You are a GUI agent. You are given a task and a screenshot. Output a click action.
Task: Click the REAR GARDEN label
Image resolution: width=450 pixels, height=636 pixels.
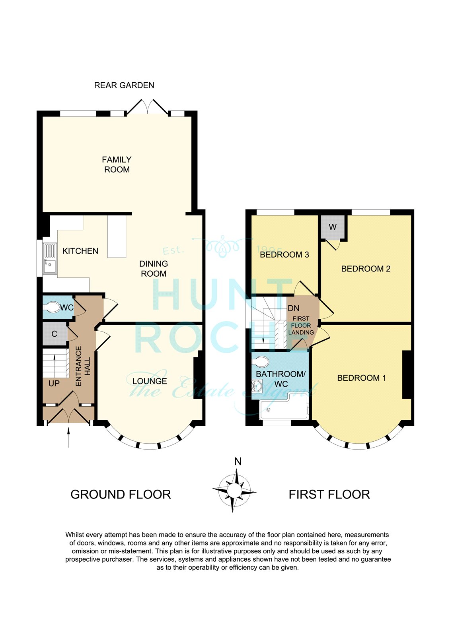pyautogui.click(x=124, y=85)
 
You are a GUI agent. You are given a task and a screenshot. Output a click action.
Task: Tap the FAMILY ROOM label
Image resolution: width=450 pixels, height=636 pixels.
pyautogui.click(x=117, y=165)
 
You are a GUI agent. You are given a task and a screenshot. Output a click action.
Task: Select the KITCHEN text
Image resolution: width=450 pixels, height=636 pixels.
pyautogui.click(x=80, y=251)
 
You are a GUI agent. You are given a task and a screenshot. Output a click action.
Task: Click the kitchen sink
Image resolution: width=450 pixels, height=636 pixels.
pyautogui.click(x=50, y=258)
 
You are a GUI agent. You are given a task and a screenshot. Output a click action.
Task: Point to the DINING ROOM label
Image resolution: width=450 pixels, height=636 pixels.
pyautogui.click(x=154, y=269)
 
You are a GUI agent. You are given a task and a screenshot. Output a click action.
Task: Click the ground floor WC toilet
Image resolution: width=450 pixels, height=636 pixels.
pyautogui.click(x=51, y=307)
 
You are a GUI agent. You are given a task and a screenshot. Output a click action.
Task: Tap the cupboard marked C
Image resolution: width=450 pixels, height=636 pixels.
pyautogui.click(x=55, y=334)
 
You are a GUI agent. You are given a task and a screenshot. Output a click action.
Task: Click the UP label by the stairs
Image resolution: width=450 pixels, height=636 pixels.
pyautogui.click(x=54, y=383)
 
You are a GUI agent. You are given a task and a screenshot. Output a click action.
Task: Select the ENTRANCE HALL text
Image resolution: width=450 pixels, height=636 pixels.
pyautogui.click(x=82, y=366)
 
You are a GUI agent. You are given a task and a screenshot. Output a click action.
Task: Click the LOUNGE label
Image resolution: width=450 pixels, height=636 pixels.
pyautogui.click(x=150, y=381)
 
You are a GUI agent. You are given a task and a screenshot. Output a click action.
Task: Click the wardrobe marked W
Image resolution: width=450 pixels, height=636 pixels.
pyautogui.click(x=333, y=227)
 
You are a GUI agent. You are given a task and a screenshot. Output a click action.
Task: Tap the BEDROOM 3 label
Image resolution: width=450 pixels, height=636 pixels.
pyautogui.click(x=284, y=254)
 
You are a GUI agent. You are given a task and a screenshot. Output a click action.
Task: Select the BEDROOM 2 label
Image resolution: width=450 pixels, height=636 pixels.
pyautogui.click(x=366, y=269)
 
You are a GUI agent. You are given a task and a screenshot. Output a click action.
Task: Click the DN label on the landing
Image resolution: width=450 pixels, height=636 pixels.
pyautogui.click(x=293, y=308)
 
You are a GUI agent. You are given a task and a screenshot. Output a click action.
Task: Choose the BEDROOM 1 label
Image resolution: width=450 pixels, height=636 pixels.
pyautogui.click(x=361, y=378)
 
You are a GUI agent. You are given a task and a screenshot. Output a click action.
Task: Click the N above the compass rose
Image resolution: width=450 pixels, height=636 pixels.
pyautogui.click(x=238, y=462)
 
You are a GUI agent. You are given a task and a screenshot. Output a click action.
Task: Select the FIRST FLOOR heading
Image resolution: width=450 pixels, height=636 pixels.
pyautogui.click(x=329, y=494)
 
